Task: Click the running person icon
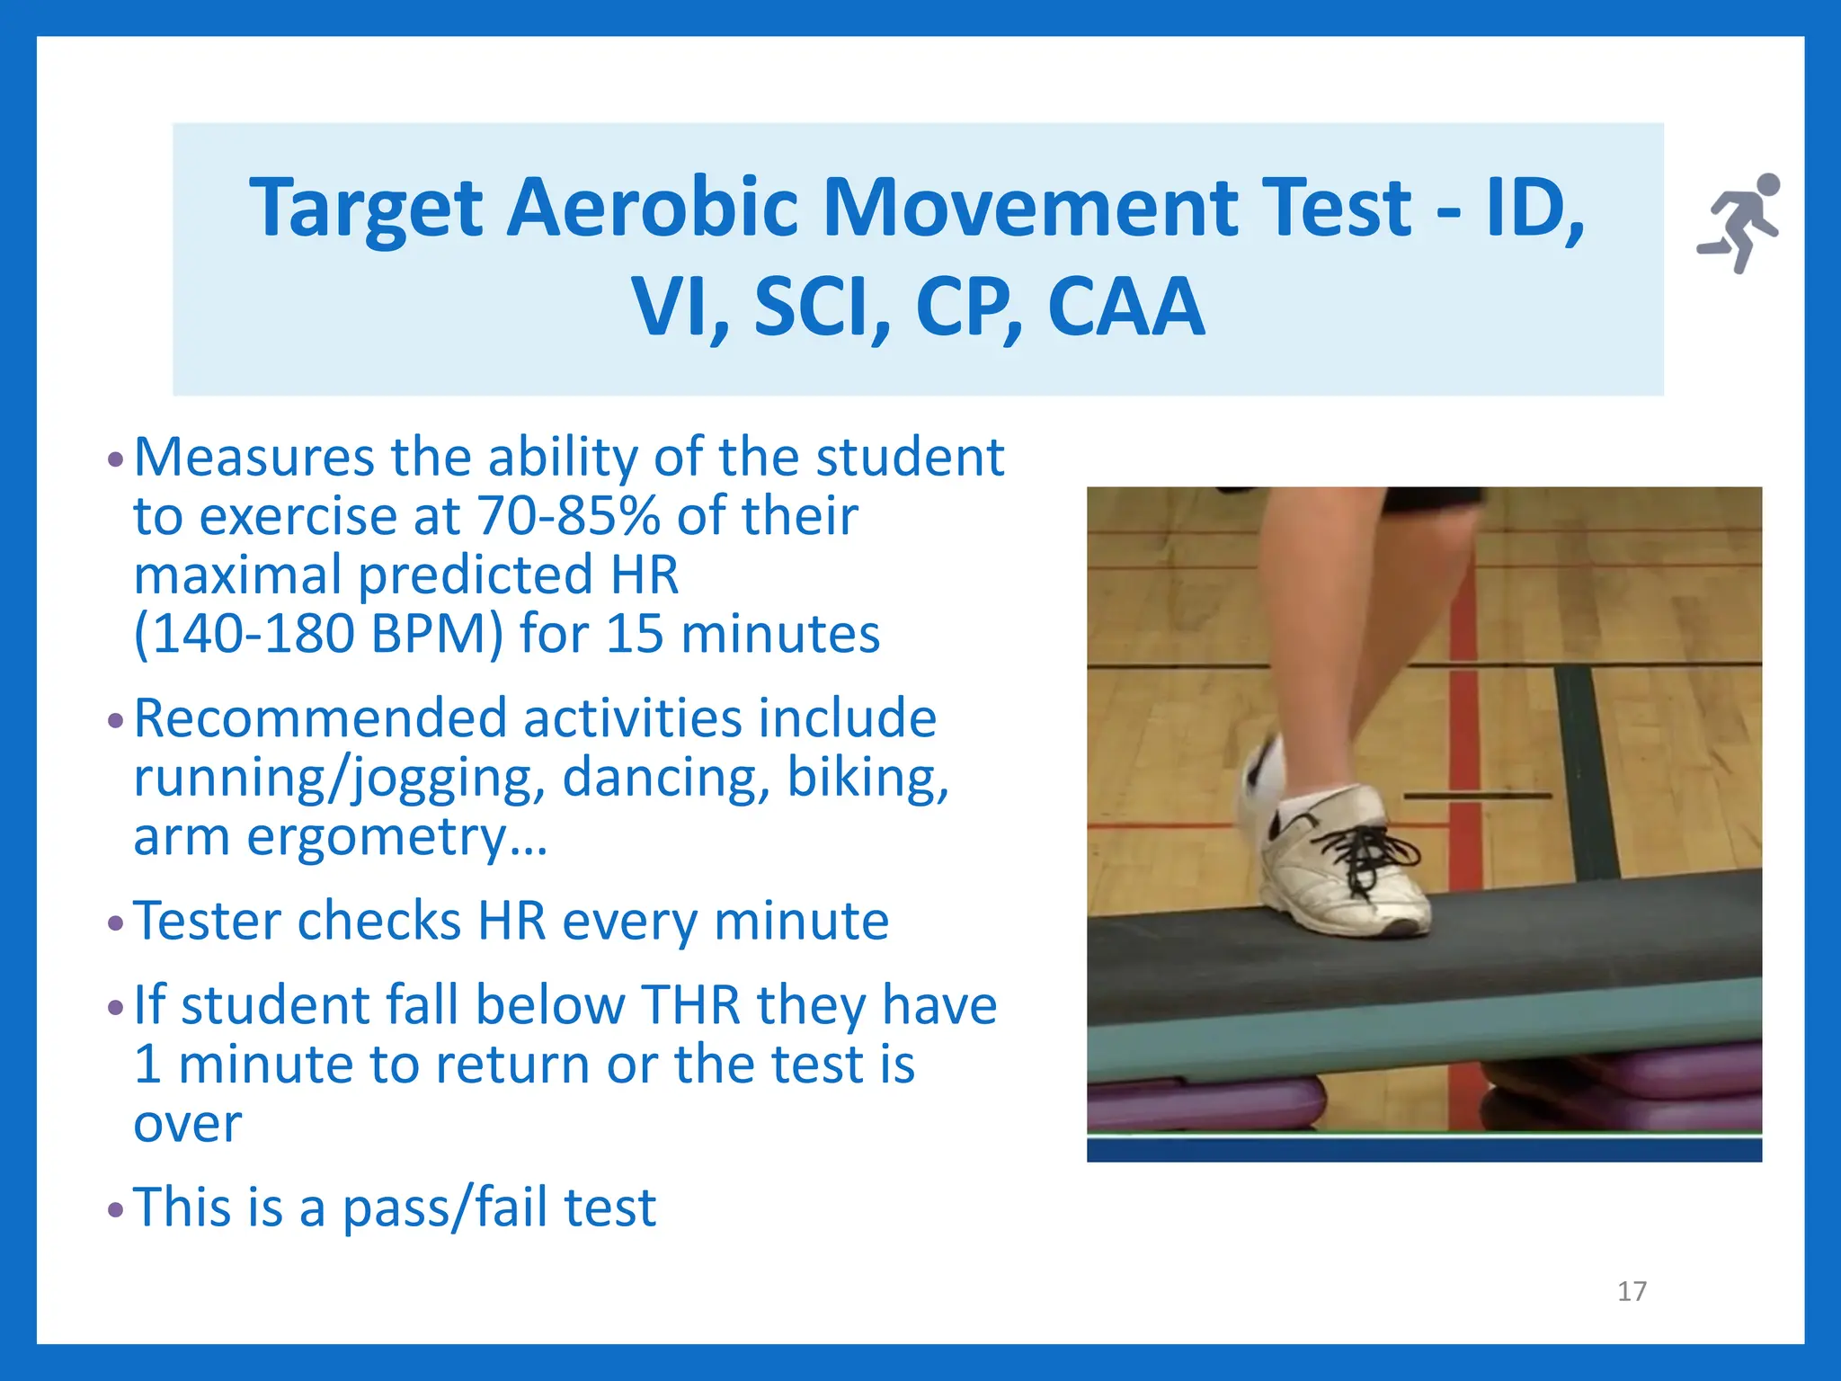pos(1739,222)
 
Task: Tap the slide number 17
pos(1632,1291)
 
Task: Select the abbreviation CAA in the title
pos(1125,307)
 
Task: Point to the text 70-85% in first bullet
pos(568,516)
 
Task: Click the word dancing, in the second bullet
pos(666,778)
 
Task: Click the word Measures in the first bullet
pos(253,457)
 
